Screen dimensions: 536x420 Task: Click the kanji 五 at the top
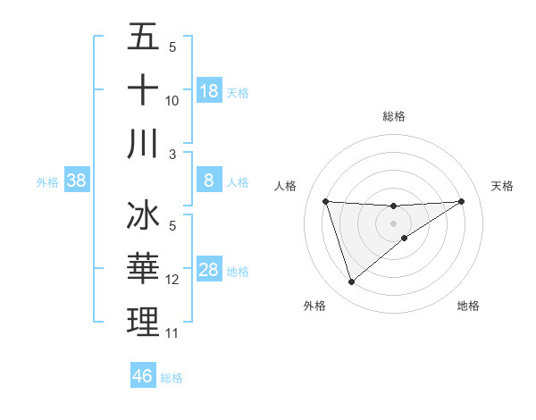click(x=143, y=38)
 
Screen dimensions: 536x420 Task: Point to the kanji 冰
click(x=143, y=217)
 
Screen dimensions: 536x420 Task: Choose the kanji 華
click(x=143, y=269)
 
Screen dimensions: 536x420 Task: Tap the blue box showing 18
click(x=209, y=91)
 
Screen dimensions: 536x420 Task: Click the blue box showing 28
click(x=209, y=271)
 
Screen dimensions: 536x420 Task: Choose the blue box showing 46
click(x=143, y=376)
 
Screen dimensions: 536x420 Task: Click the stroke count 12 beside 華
click(x=172, y=280)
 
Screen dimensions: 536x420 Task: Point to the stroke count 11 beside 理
click(x=172, y=333)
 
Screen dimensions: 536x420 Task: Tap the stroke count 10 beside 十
click(x=172, y=101)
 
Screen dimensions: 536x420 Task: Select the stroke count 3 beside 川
click(x=172, y=154)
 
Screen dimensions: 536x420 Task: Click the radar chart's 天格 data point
click(x=461, y=201)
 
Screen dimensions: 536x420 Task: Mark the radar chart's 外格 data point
click(x=351, y=282)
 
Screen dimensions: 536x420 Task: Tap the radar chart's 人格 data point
click(x=326, y=201)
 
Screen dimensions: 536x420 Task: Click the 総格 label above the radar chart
click(x=394, y=116)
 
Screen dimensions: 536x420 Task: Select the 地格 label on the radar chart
click(x=468, y=306)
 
